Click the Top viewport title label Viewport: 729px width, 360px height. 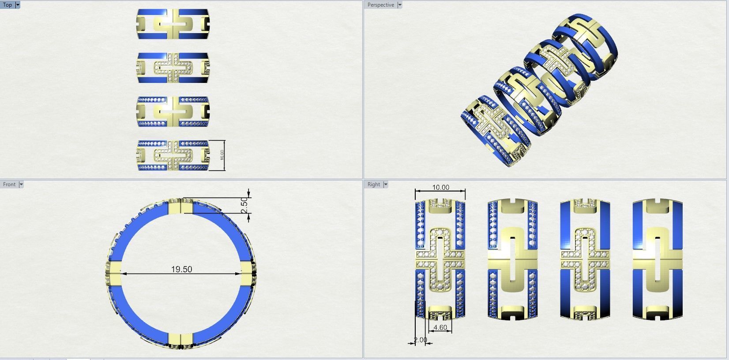(8, 5)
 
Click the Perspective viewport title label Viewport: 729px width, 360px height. (380, 5)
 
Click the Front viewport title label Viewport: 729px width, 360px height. (9, 184)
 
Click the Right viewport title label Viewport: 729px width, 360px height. (373, 184)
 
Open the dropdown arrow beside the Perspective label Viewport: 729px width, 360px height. (400, 5)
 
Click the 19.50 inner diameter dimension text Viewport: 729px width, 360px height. (181, 269)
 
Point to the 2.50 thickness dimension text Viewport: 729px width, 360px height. (245, 205)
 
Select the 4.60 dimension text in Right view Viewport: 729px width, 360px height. (440, 328)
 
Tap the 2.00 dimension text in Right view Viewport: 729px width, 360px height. (420, 340)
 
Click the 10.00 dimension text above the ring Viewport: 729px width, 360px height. (440, 187)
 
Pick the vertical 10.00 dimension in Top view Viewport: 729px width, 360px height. (222, 155)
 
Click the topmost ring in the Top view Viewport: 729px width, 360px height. (173, 24)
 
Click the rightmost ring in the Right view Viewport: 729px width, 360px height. (658, 259)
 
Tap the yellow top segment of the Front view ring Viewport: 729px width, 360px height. (180, 206)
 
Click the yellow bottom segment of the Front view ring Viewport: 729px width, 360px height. (180, 339)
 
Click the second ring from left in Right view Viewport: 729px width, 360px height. (512, 259)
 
